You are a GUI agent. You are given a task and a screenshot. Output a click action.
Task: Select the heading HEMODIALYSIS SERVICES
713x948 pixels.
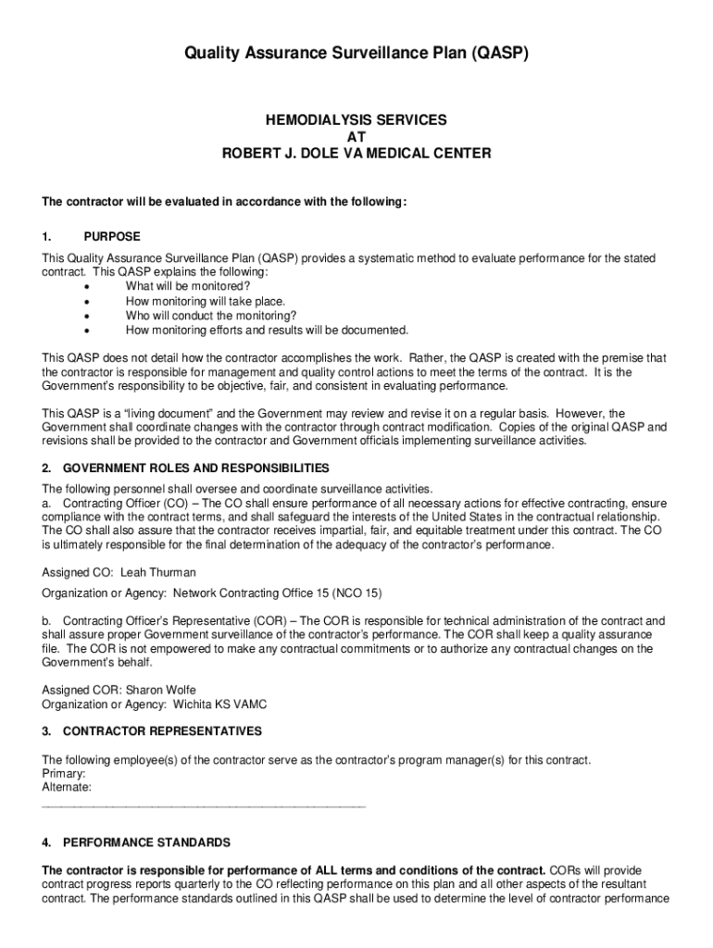tap(356, 120)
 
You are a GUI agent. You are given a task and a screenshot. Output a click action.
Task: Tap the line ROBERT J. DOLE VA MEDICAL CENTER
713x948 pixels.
tap(356, 154)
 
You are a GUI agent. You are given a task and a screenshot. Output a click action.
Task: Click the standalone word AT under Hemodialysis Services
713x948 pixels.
tap(356, 137)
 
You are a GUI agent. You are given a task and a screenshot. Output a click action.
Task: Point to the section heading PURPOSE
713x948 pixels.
tap(112, 237)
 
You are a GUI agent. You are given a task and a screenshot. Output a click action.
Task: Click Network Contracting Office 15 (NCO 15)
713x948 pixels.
tap(277, 592)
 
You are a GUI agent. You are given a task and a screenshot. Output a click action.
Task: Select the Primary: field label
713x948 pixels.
tap(64, 773)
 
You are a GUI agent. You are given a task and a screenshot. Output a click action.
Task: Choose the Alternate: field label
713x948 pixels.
tap(67, 787)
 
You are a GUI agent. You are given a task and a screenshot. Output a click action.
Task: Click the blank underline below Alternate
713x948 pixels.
tap(204, 807)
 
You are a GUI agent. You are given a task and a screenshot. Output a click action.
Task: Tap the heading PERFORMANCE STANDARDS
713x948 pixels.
tap(146, 843)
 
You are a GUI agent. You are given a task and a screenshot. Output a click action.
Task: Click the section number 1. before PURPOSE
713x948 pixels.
tap(47, 237)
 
